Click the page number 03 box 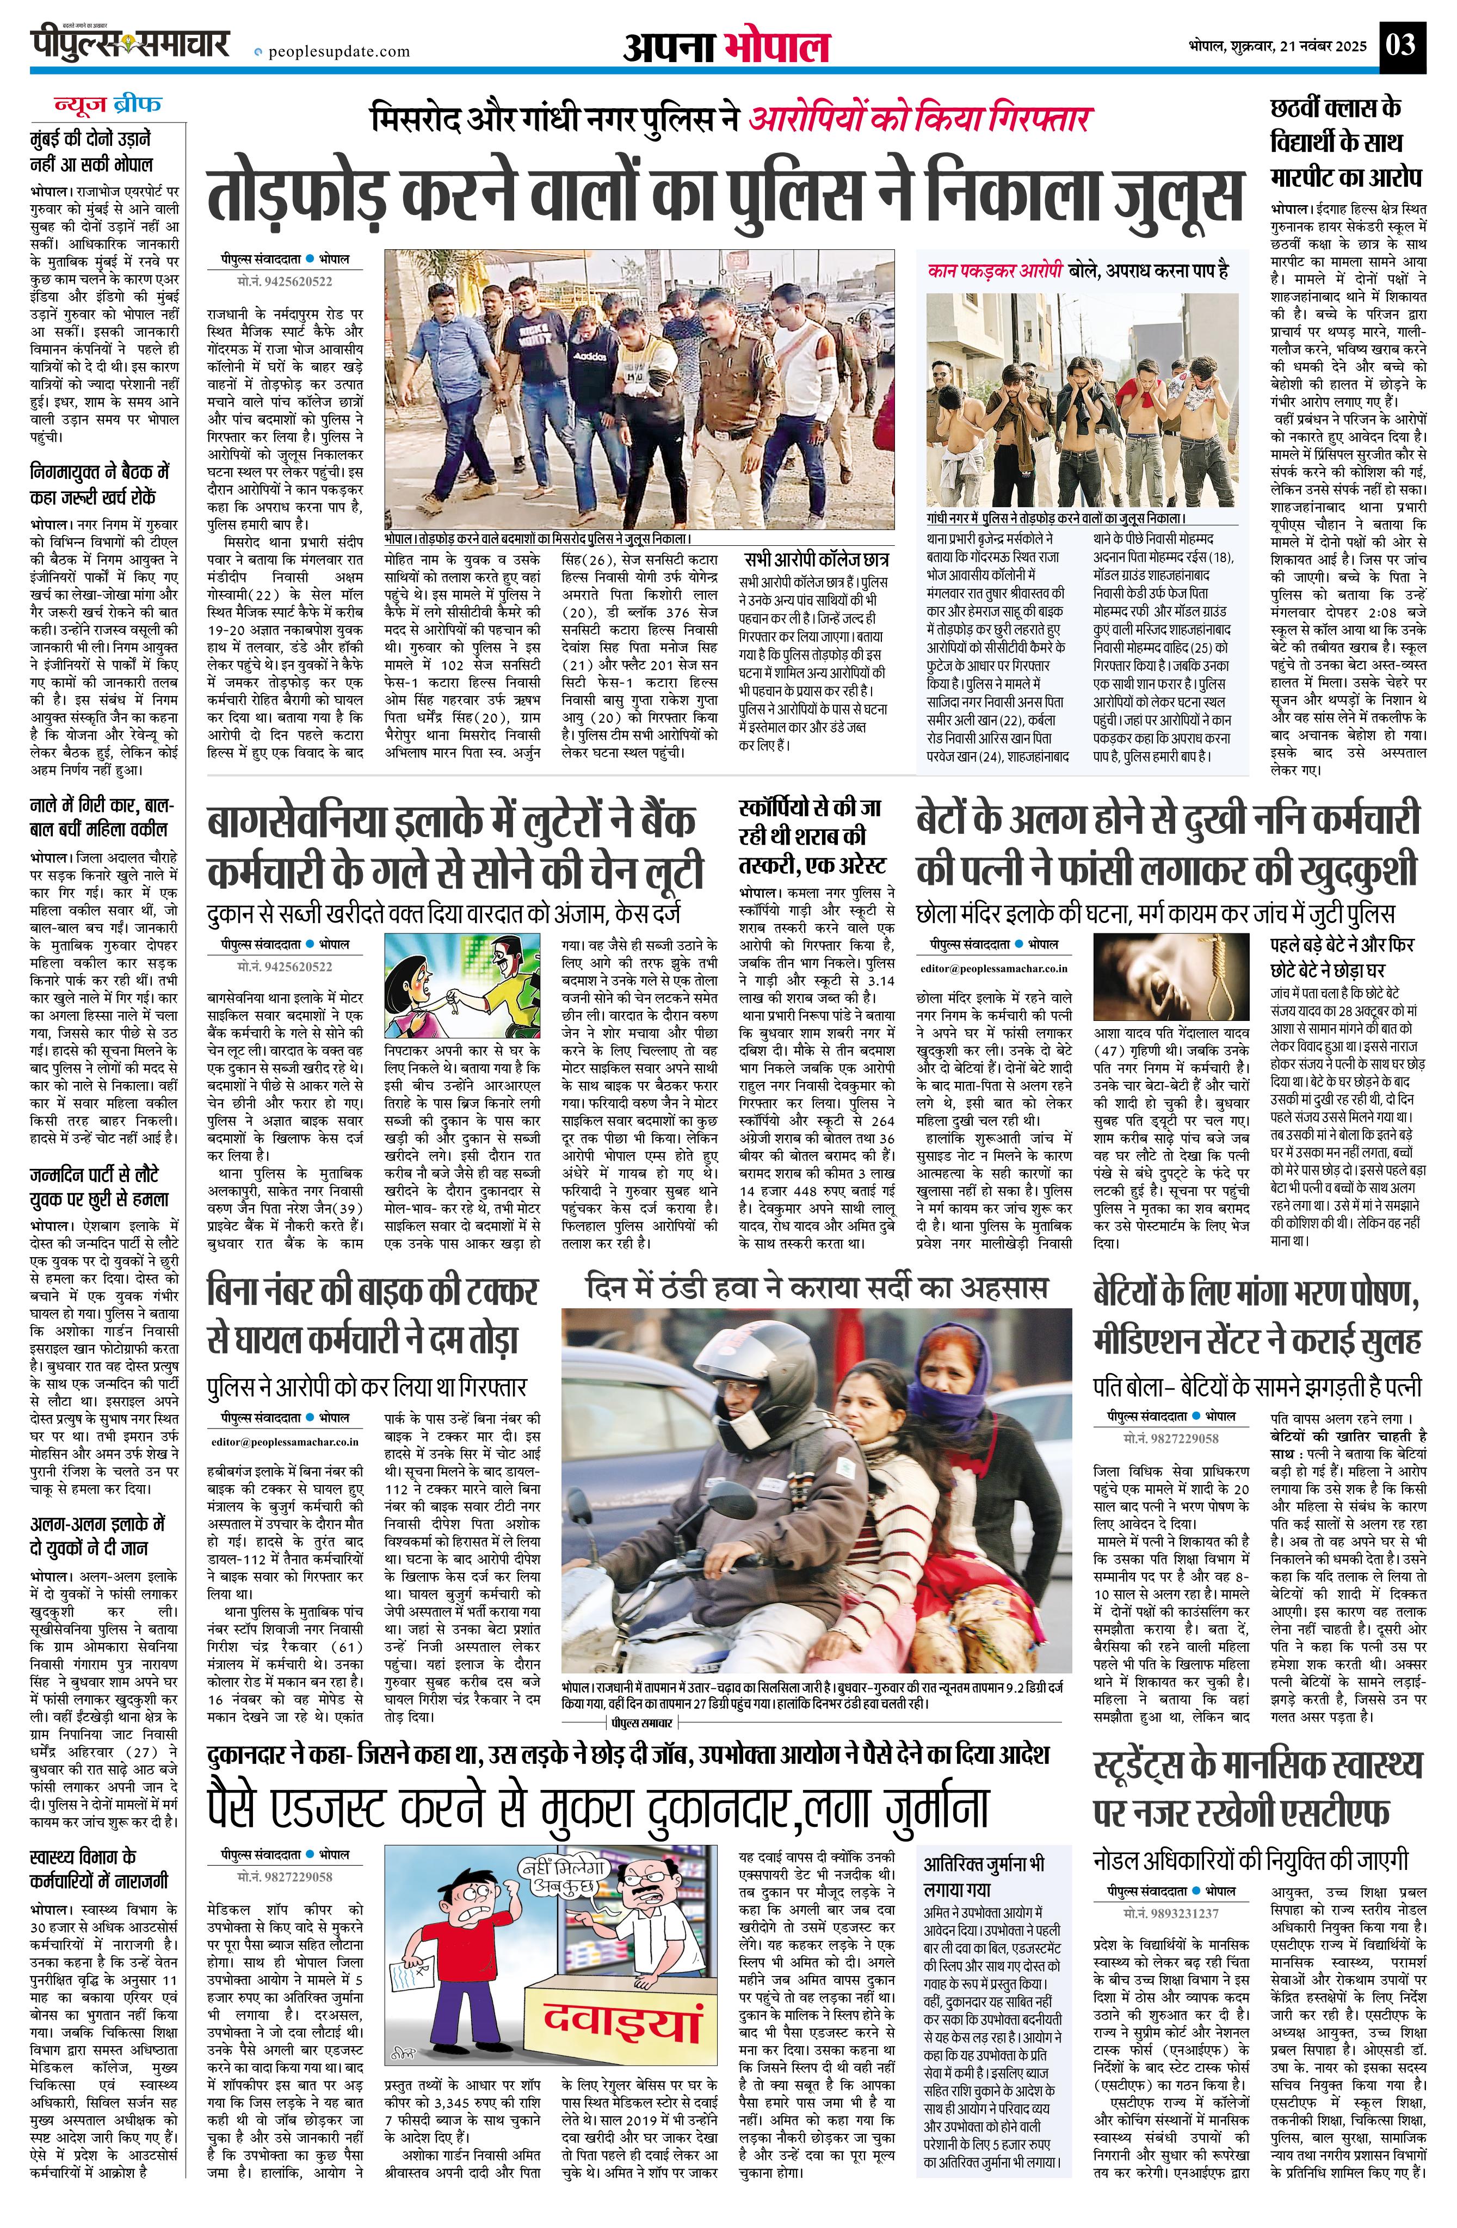1402,45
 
